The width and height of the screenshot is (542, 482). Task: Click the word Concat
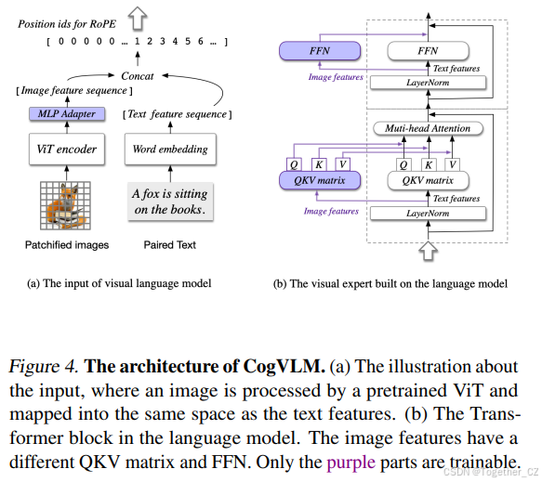[137, 75]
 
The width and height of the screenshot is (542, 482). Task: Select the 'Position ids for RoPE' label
[64, 23]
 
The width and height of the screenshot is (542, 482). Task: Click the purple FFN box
[314, 51]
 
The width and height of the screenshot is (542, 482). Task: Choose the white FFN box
[428, 51]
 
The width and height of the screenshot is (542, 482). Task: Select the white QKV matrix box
[428, 180]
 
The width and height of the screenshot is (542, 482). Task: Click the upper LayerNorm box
[428, 84]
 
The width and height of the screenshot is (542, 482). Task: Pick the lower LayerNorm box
[428, 214]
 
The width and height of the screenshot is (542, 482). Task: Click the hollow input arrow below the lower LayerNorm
[429, 250]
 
